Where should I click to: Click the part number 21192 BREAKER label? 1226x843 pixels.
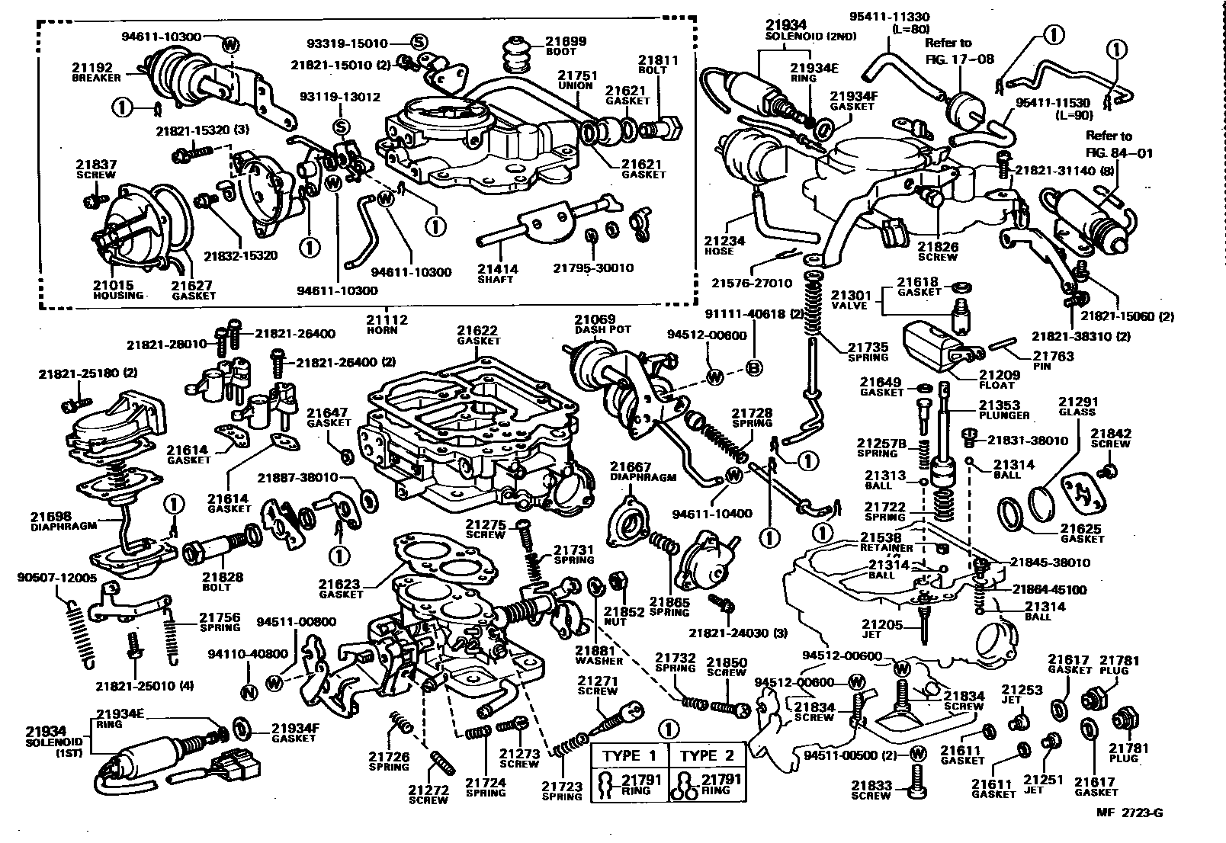click(x=96, y=72)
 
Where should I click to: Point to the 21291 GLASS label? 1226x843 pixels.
click(x=1077, y=406)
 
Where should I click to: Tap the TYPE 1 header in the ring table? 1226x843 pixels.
click(x=630, y=755)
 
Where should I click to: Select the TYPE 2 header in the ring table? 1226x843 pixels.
click(x=707, y=755)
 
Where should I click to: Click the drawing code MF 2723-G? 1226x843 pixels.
click(x=1131, y=812)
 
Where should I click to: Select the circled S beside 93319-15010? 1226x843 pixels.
click(x=419, y=42)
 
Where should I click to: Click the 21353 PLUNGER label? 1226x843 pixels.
click(x=1004, y=410)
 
